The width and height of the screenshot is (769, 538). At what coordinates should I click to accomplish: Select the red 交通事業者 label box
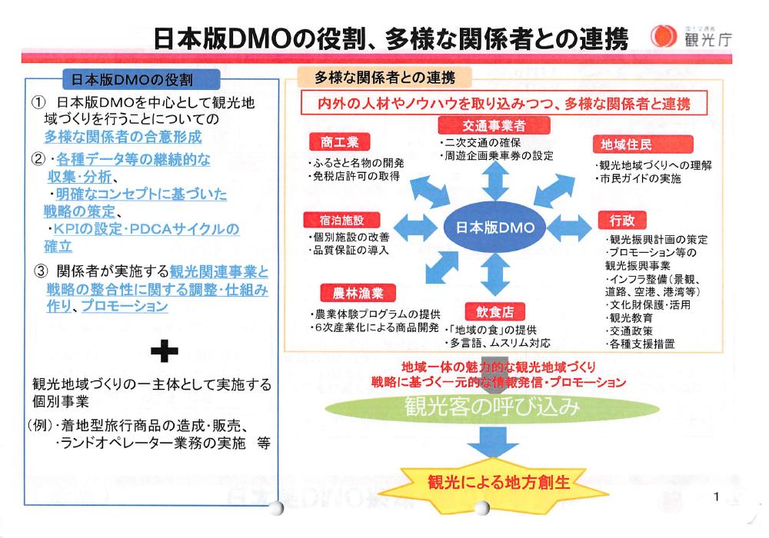point(483,125)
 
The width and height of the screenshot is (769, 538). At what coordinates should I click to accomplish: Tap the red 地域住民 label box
point(623,144)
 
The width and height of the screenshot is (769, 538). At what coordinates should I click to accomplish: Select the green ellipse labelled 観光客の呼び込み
point(491,407)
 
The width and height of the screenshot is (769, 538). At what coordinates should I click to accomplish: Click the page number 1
point(716,497)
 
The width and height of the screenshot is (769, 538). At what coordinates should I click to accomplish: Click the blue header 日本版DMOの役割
point(131,78)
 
